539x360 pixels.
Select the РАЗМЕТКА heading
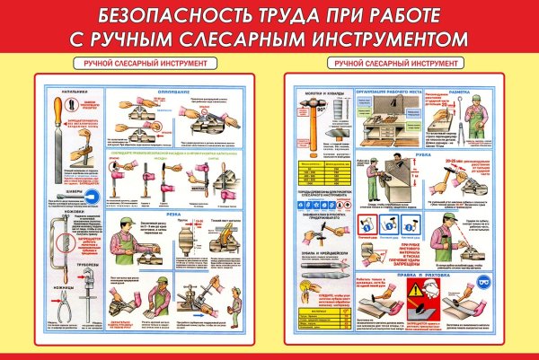(x=478, y=91)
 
